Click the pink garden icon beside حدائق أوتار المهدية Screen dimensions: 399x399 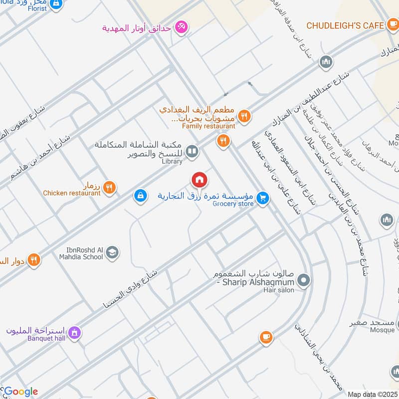coord(182,27)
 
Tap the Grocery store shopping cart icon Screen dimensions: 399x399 coord(263,199)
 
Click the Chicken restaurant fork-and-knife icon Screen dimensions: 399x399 coord(110,188)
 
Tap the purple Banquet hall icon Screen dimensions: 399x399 coord(74,331)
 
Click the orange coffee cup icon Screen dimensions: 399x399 coord(266,338)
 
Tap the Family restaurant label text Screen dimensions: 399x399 coord(208,126)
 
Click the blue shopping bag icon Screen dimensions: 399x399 coord(141,196)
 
